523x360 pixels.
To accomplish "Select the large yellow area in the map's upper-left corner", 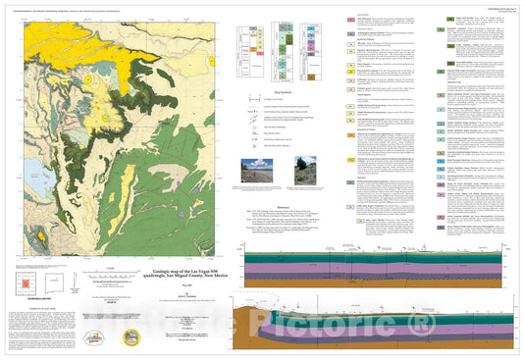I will [x=59, y=39].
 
